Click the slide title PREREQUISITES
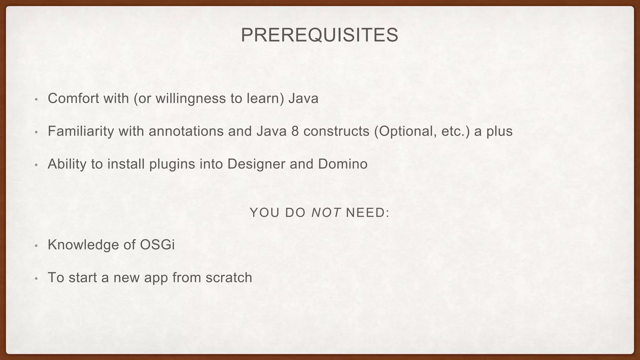tap(319, 35)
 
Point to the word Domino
tap(343, 164)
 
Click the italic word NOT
tap(326, 213)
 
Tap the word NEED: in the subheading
tap(368, 213)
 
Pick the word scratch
tap(229, 277)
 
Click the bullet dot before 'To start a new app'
tap(36, 278)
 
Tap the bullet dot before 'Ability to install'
tap(36, 165)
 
